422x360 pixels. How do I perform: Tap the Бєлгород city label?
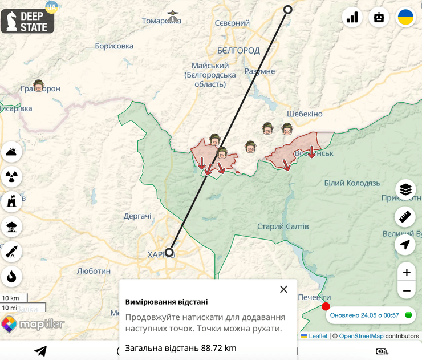point(238,50)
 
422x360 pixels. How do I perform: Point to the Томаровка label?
point(161,21)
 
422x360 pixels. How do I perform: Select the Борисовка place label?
point(114,46)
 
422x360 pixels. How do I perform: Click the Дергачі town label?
point(137,216)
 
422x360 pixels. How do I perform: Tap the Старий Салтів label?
point(283,226)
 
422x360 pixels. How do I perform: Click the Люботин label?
point(94,271)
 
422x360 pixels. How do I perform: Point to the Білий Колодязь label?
point(352,183)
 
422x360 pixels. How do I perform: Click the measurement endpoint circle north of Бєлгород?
point(288,9)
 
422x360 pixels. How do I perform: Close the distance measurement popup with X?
point(283,289)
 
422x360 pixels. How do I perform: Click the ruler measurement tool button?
point(405,217)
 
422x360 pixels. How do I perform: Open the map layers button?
point(405,189)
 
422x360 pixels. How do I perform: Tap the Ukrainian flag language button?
point(405,17)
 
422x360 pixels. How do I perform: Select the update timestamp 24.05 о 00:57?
point(364,315)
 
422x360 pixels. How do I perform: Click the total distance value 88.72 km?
point(218,348)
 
